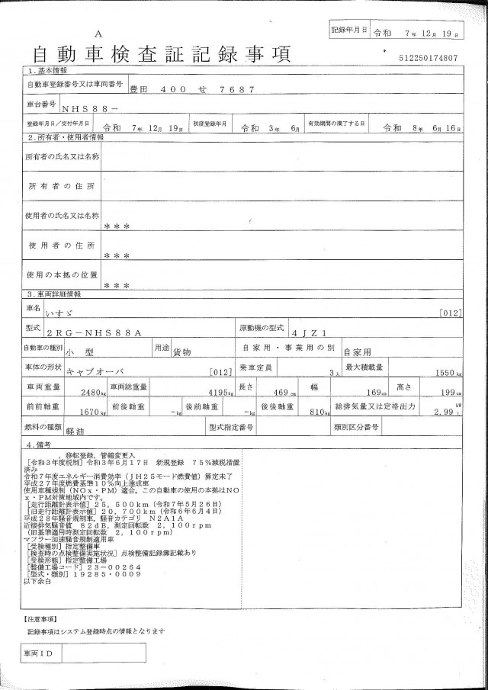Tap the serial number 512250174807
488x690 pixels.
click(428, 58)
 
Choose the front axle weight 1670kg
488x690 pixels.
click(90, 412)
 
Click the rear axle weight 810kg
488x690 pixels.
click(307, 412)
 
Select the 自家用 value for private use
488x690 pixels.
click(355, 353)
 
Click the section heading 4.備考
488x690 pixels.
click(39, 444)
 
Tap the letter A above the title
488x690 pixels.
click(98, 35)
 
